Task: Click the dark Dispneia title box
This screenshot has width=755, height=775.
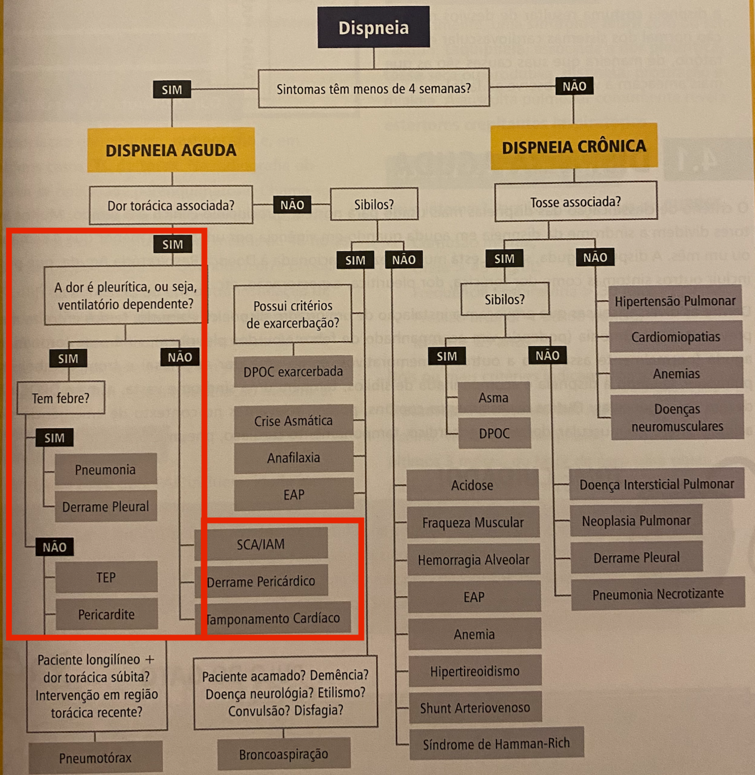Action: (x=373, y=27)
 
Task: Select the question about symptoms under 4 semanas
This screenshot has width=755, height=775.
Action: (x=374, y=88)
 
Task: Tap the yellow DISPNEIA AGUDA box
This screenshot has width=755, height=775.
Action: (x=171, y=150)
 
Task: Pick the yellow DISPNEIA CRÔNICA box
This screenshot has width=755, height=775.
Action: (x=573, y=147)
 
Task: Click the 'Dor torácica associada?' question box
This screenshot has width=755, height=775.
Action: (x=171, y=205)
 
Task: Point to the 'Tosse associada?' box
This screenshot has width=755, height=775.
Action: (x=575, y=201)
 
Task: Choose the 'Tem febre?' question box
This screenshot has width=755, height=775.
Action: (x=61, y=398)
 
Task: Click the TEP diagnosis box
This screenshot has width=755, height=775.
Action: (x=106, y=577)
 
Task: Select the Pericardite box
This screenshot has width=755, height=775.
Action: (x=106, y=614)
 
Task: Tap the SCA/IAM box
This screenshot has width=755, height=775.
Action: (x=261, y=544)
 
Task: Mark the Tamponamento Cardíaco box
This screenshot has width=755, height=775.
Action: (x=273, y=618)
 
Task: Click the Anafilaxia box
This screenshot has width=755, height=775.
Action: (x=293, y=458)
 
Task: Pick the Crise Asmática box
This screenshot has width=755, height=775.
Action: (x=293, y=421)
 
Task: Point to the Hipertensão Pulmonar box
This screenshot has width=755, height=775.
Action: (x=675, y=301)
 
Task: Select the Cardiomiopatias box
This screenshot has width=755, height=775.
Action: (x=675, y=337)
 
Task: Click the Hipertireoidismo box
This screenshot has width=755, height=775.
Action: (x=474, y=671)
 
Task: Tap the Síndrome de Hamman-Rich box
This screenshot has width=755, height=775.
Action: (x=496, y=743)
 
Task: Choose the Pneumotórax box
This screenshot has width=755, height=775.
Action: (x=95, y=757)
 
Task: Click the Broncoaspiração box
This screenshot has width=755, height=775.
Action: (x=284, y=754)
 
